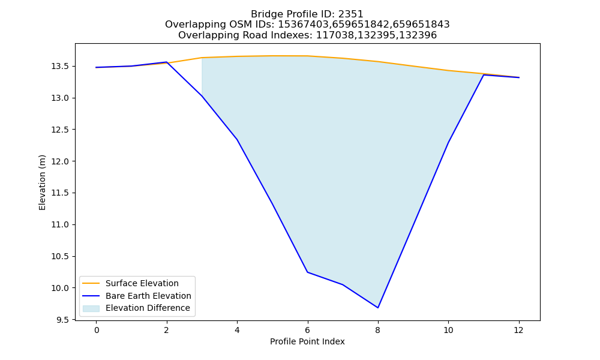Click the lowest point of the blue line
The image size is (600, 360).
[378, 308]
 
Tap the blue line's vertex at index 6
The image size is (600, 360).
[308, 272]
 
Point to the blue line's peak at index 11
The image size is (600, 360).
[484, 75]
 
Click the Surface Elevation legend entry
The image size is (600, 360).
[131, 283]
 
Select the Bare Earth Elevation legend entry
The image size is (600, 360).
[137, 296]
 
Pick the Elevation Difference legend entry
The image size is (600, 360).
[136, 308]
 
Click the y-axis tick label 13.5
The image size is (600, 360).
[60, 67]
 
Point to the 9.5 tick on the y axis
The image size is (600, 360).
[63, 320]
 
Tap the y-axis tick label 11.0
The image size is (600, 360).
[60, 225]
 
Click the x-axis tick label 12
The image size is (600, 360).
[519, 330]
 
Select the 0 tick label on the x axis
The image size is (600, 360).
[97, 330]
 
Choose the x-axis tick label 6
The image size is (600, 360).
[308, 330]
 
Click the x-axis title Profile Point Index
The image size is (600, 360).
[307, 341]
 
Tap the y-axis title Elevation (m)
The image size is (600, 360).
[42, 182]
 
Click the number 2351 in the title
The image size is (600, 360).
[350, 14]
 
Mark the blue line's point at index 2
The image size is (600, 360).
[166, 62]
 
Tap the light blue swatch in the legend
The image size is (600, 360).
[91, 308]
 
